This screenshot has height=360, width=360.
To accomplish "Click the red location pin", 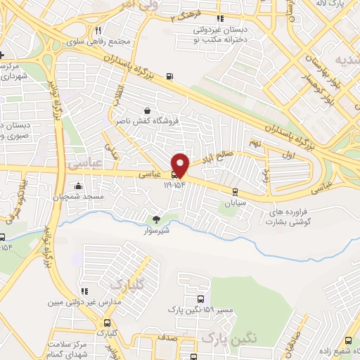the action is pos(181,165).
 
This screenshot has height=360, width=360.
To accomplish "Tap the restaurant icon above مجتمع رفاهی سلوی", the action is pos(98,30).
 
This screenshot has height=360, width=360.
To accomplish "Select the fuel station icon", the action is pos(169,77).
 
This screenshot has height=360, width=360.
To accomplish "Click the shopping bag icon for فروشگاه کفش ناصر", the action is pos(146,110).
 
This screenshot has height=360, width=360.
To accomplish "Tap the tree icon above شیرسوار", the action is pos(156,218).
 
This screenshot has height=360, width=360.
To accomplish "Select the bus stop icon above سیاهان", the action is pos(235,191).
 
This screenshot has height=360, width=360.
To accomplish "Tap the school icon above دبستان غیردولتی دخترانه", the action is pos(220,19).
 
